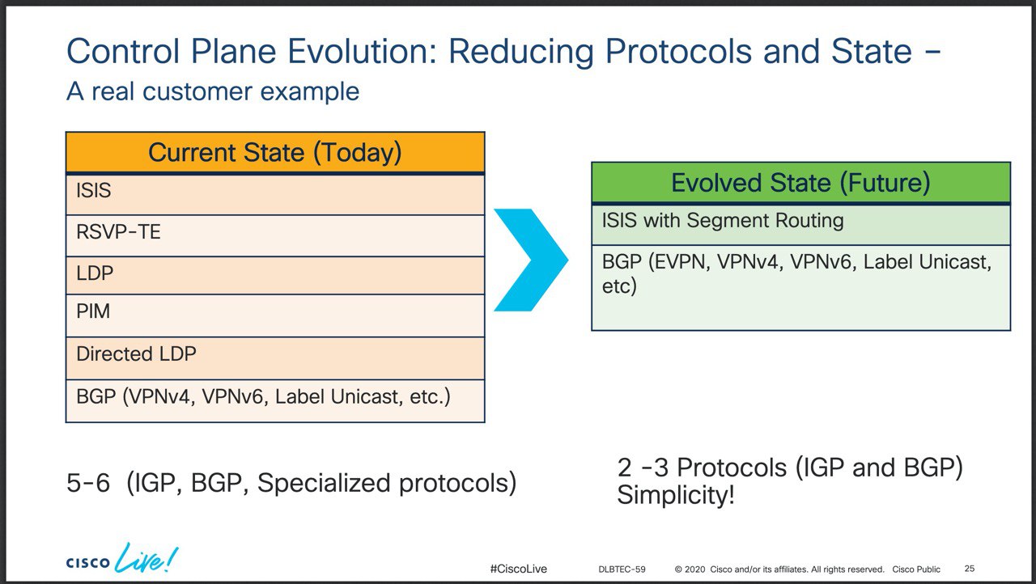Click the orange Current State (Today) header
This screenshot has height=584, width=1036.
[275, 152]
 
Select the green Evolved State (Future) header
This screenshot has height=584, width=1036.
[800, 183]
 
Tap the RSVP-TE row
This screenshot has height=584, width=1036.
[275, 235]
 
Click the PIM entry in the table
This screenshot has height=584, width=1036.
[275, 315]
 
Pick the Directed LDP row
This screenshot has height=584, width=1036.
[275, 358]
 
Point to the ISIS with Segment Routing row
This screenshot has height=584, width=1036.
[800, 225]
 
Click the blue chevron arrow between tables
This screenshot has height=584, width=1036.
[530, 260]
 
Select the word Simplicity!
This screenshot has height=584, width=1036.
[676, 495]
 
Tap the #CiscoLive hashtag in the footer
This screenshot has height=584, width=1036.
[519, 569]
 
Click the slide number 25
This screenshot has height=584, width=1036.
[970, 569]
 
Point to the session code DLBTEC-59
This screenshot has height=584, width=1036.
[622, 569]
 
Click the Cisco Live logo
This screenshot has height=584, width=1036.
[122, 558]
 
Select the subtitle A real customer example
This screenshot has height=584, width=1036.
[213, 91]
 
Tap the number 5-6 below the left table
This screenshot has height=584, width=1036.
[88, 483]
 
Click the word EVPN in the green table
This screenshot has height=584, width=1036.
[679, 262]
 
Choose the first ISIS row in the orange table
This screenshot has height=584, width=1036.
[275, 194]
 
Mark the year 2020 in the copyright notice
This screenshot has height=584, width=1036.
[694, 569]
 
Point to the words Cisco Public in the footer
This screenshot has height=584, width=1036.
[916, 569]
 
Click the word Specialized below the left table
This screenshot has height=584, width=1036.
[325, 483]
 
